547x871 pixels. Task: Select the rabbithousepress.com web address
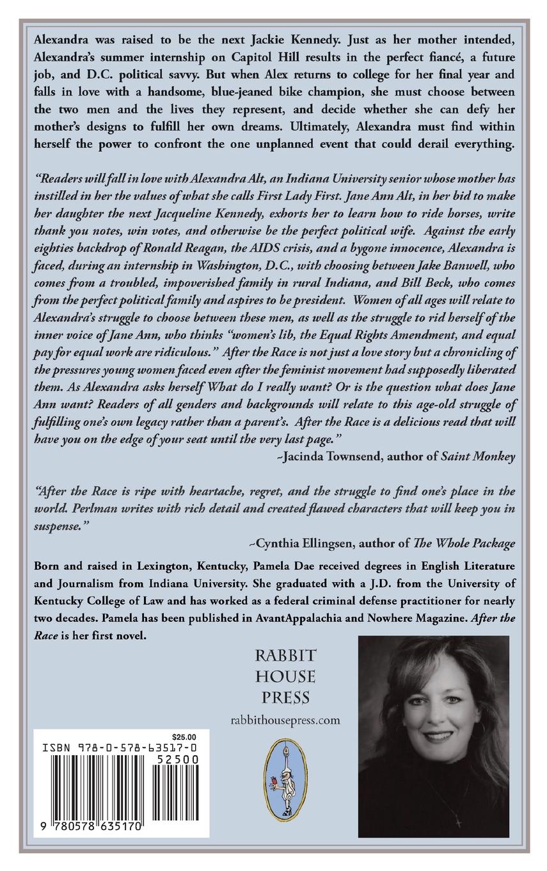(x=285, y=720)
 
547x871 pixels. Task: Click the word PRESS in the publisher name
(x=285, y=696)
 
